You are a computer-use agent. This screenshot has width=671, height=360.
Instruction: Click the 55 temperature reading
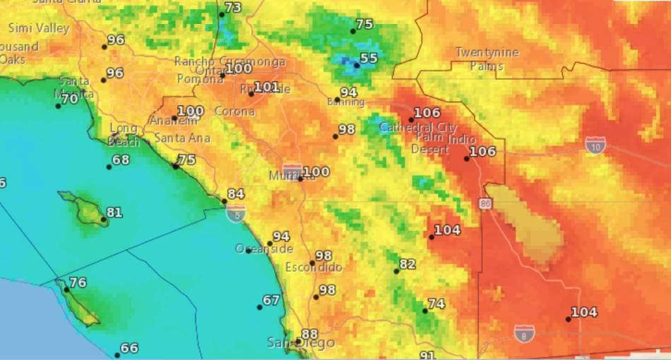point(369,59)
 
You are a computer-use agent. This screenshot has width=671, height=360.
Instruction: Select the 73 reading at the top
point(232,8)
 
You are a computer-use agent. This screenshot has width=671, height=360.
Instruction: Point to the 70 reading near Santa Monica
point(69,100)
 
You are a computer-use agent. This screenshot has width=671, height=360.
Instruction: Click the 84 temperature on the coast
point(235,194)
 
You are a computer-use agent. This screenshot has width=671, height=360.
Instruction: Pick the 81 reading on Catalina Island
point(114,212)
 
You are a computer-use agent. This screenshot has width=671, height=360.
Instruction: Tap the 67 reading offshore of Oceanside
point(271,300)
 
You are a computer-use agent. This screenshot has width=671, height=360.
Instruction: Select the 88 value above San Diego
point(309,334)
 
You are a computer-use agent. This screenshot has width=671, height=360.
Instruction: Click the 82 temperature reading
point(408,265)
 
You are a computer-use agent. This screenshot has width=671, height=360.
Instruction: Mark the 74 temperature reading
point(436,304)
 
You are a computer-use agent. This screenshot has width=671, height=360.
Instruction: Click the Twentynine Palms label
point(487,59)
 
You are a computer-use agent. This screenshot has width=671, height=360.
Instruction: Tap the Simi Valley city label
point(39,28)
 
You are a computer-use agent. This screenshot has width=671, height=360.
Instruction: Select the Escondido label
point(314,268)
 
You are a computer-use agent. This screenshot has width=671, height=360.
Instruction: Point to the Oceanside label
point(263,249)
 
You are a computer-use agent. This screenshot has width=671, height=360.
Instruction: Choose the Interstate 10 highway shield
point(595,145)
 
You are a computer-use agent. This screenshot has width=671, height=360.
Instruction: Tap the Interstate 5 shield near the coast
point(236,214)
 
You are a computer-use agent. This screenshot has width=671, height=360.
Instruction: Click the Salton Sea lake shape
point(526,222)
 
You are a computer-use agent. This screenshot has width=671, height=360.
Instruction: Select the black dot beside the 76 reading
point(66,289)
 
